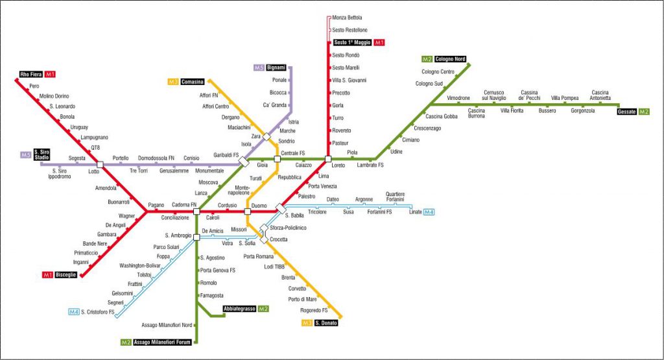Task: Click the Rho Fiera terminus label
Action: coord(31,74)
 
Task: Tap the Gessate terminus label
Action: coord(627,112)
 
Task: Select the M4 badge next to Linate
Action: coord(429,211)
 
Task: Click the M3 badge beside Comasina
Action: coord(173,82)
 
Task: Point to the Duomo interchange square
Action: coord(248,211)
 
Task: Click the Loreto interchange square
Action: coord(327,159)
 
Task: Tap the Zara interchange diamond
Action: coord(267,137)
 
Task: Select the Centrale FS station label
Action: coord(293,153)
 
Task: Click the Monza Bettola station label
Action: coord(347,18)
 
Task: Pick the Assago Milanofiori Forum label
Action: coord(162,342)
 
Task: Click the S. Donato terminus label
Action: coord(326,323)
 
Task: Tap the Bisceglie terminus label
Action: coord(65,275)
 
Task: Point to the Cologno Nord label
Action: coord(450,59)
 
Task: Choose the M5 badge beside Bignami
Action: coord(259,67)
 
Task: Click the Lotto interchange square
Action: coord(100,164)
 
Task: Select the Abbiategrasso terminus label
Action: coord(240,309)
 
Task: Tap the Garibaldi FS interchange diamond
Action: coord(244,162)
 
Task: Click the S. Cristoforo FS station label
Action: coord(98,312)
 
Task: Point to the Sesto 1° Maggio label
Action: coord(352,42)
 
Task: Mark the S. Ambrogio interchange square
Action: coord(196,237)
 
